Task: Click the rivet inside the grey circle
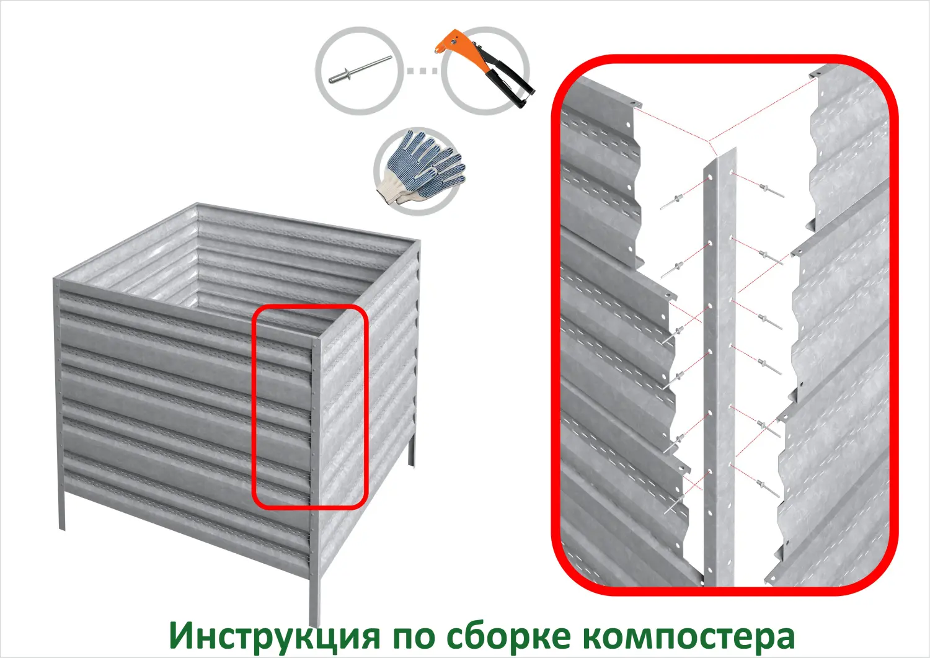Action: (360, 69)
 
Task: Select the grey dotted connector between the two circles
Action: (422, 70)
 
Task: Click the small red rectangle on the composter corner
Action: (310, 407)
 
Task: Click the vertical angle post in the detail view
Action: (719, 372)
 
